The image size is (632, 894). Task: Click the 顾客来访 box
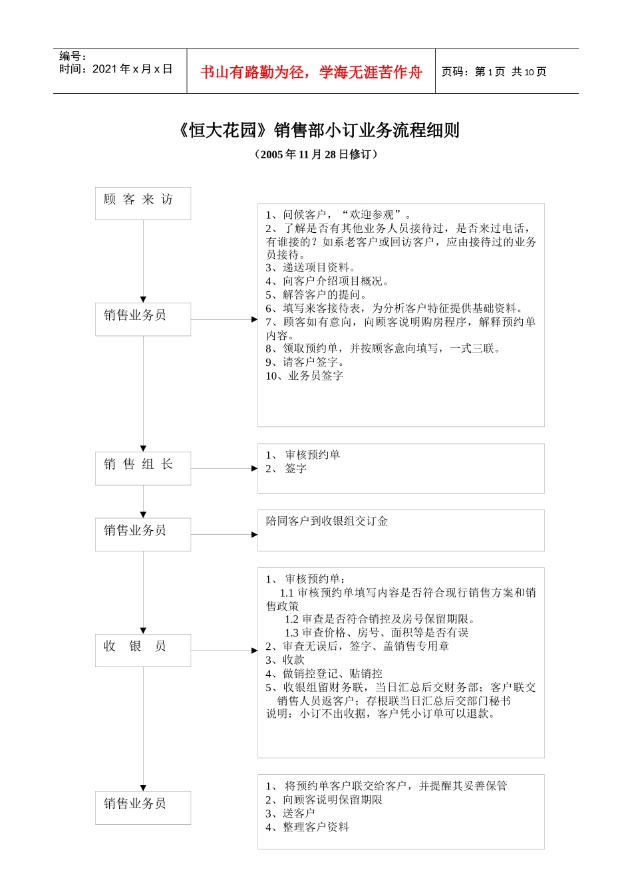142,203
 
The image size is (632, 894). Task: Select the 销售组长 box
142,468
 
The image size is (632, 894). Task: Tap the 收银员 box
142,649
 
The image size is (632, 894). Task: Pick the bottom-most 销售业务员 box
142,807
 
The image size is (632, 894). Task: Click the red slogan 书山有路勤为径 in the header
311,72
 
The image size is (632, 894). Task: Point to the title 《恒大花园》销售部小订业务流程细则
317,130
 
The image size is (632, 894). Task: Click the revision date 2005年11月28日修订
317,154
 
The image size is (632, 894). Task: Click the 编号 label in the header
73,57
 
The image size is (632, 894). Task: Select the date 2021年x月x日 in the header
116,69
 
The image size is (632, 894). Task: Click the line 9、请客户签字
305,362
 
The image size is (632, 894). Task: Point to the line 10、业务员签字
305,376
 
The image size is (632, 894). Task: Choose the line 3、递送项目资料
311,267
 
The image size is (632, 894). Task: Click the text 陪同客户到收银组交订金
327,521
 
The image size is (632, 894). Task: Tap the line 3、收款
285,660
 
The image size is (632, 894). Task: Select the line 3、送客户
290,813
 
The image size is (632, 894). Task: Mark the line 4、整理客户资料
307,827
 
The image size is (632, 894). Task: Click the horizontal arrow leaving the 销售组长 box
224,468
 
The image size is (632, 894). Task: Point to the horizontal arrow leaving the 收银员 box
224,650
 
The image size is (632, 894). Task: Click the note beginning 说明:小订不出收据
381,714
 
